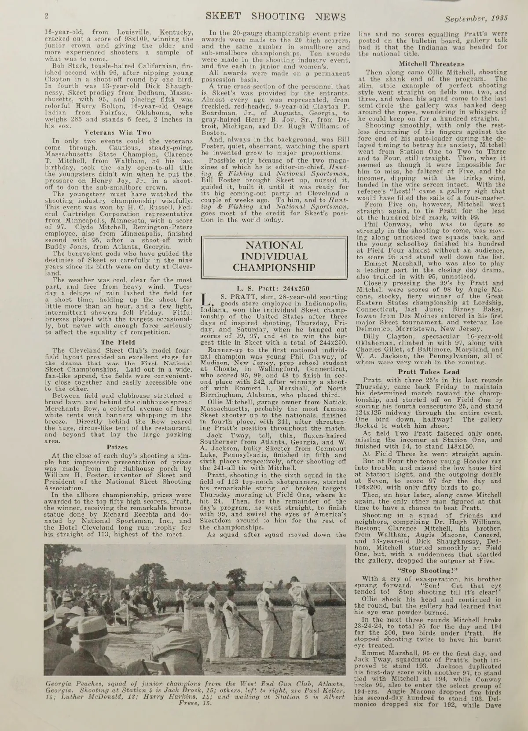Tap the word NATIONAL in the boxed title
click(x=274, y=245)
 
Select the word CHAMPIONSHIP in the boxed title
click(x=274, y=268)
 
